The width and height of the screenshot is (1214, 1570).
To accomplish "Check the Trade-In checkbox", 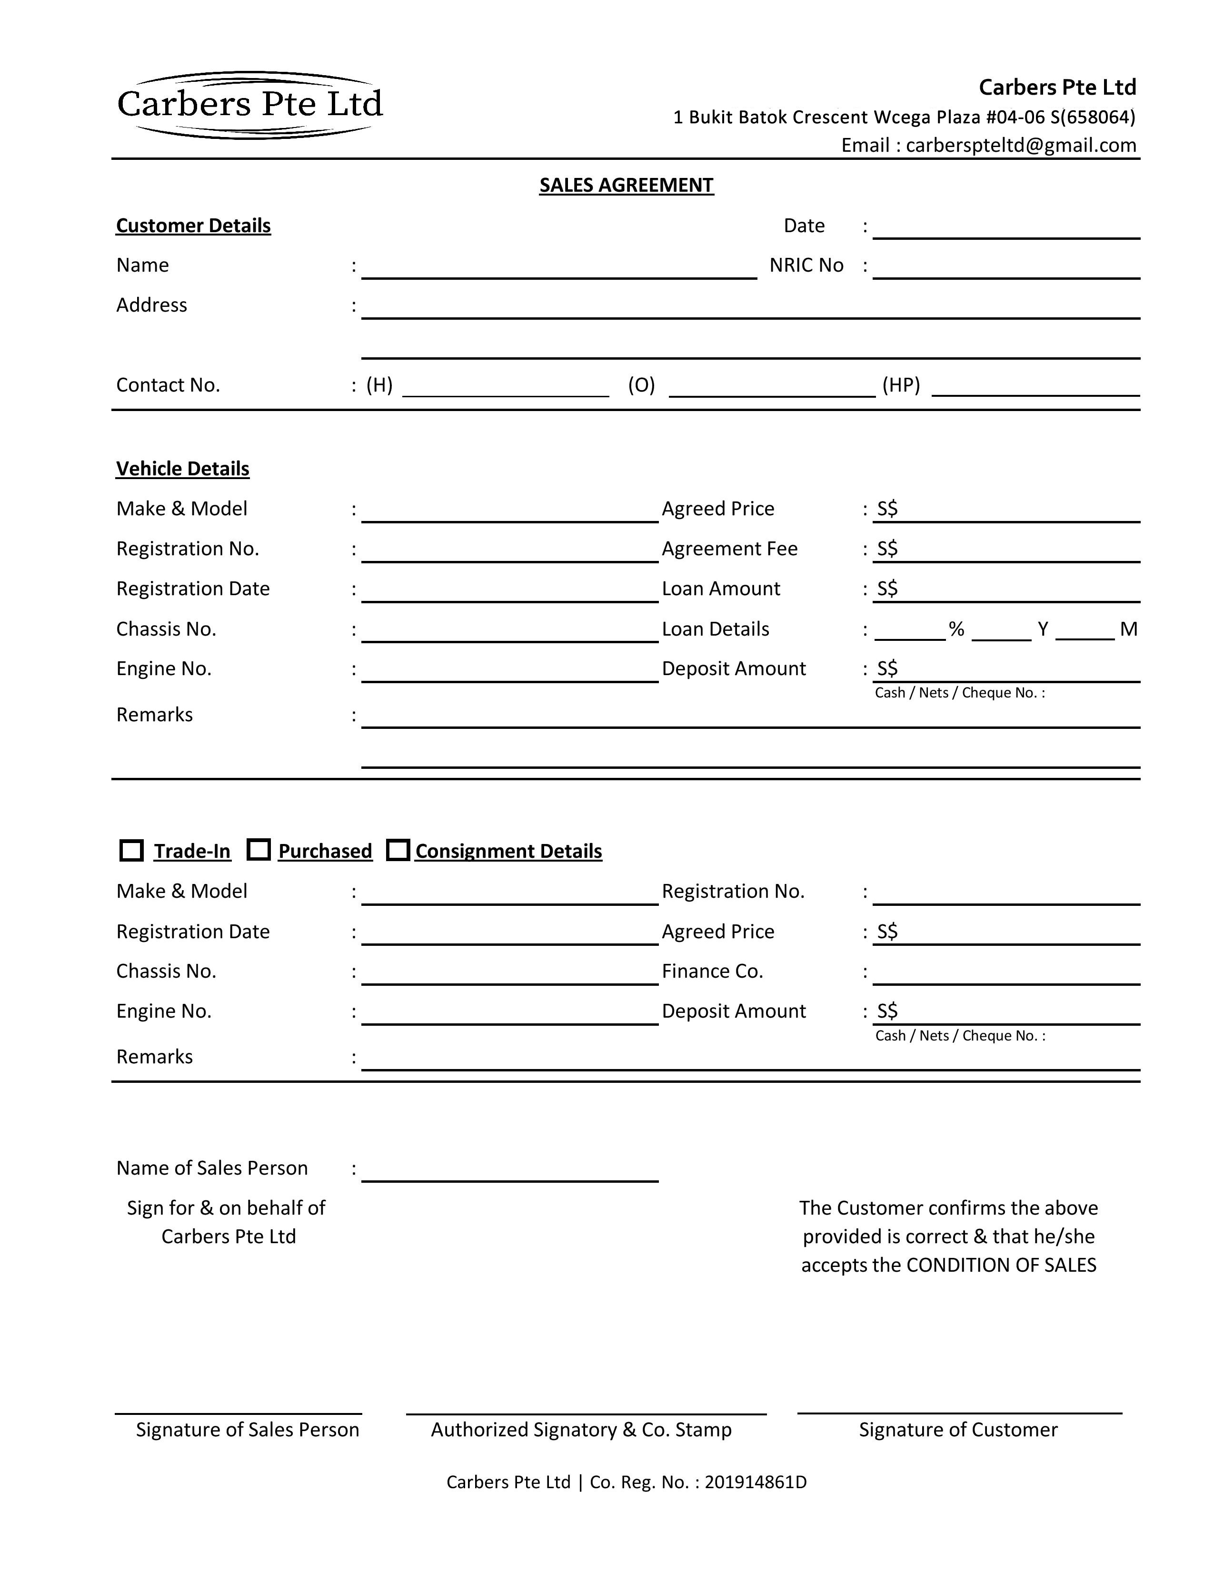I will click(x=131, y=851).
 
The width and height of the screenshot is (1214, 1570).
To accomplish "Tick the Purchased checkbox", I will click(x=258, y=850).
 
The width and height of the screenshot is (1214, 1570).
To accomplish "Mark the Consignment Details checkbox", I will click(x=398, y=850).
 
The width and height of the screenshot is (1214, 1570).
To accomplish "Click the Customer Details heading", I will click(x=193, y=226).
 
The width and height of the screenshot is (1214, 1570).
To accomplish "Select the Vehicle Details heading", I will click(x=183, y=469).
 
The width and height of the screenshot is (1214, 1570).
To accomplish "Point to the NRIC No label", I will click(x=806, y=265).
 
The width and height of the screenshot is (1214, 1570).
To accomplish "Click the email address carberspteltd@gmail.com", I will click(x=1021, y=145).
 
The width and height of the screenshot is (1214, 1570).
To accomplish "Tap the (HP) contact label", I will click(x=901, y=385).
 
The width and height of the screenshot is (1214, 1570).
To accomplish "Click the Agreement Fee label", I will click(x=729, y=549).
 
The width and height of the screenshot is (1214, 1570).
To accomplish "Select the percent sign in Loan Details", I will click(x=956, y=629).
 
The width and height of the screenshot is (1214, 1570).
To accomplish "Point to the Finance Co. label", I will click(x=712, y=971).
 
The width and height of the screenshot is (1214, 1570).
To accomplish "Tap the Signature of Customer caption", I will click(x=958, y=1429).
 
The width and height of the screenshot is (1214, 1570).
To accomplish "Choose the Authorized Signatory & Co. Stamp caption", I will click(x=581, y=1429).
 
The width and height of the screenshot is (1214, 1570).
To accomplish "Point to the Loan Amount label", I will click(x=721, y=589).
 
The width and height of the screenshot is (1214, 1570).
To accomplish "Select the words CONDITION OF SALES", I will click(x=1001, y=1265).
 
